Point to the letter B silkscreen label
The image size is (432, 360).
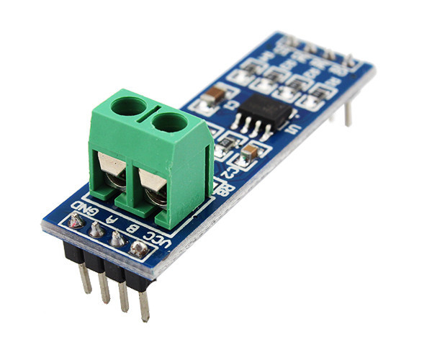[x=132, y=229]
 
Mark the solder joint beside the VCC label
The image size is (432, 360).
[x=139, y=250]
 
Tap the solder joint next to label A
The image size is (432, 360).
[x=96, y=229]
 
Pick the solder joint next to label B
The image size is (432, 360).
[x=117, y=239]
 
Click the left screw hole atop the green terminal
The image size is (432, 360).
[x=129, y=107]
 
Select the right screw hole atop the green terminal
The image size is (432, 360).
[x=169, y=122]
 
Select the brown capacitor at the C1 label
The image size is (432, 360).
[x=213, y=96]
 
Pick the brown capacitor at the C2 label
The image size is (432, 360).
[x=249, y=152]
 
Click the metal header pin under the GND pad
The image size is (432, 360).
[x=85, y=278]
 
